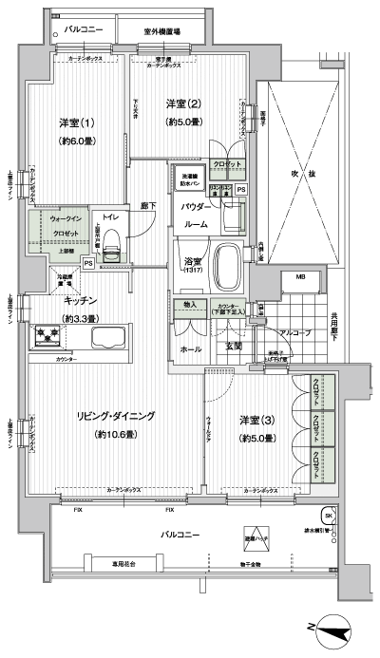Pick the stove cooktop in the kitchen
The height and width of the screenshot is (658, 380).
tap(46, 334)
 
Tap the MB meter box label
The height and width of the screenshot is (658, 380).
tap(300, 277)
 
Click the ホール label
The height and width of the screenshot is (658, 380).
tap(190, 349)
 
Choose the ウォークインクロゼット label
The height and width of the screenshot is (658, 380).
tap(65, 226)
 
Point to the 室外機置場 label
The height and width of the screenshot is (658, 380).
tap(162, 31)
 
